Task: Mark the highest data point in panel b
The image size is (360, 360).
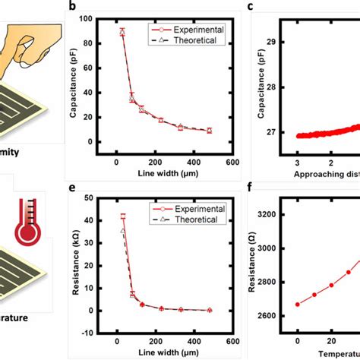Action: tap(122, 31)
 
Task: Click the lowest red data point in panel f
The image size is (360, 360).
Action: tap(298, 305)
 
